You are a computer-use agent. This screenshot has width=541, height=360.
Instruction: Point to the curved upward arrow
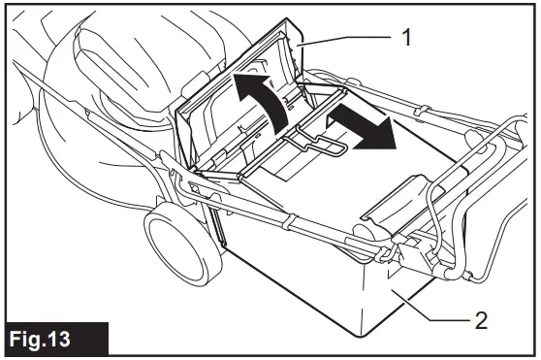pyautogui.click(x=260, y=106)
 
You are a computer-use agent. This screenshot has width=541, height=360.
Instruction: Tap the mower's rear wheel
pyautogui.click(x=177, y=243)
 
